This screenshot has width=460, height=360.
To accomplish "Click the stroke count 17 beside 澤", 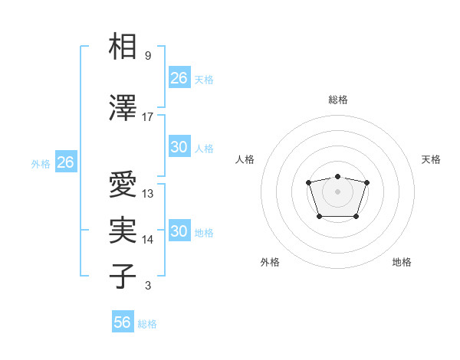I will coord(148,117).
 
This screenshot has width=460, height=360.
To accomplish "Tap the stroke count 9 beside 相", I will coord(148,56).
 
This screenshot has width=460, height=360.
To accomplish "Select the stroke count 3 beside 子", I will coord(148,286).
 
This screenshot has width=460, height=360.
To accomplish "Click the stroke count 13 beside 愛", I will coord(148,194).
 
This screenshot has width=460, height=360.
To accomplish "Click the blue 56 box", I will coord(123,322).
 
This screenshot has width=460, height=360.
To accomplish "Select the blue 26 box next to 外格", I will coord(65,162).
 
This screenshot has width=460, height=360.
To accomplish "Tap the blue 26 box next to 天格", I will coord(179,77).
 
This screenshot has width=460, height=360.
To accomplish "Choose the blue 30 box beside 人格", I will coord(179,147).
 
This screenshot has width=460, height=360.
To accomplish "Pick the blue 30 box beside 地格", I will coord(179,231).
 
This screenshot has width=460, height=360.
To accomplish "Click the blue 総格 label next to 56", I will coord(147,324).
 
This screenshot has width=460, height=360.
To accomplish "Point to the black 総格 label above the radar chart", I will coord(337,100).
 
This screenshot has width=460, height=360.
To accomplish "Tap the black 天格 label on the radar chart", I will coord(431,159).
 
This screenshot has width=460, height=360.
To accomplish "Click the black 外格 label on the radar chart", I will coord(270,262).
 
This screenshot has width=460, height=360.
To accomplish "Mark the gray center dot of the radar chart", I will coord(337,191).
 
